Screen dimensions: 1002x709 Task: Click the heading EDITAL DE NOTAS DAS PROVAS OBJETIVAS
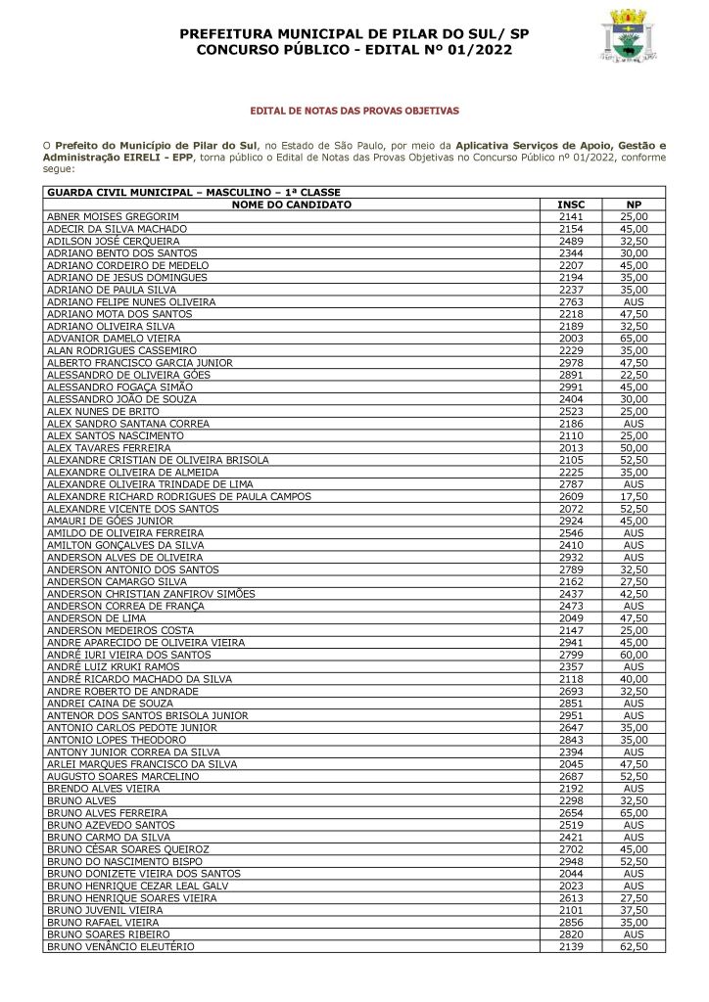pyautogui.click(x=354, y=112)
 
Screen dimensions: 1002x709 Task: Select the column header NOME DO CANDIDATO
pyautogui.click(x=292, y=205)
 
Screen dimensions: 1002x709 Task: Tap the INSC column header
pyautogui.click(x=571, y=205)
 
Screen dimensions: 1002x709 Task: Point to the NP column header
pyautogui.click(x=634, y=205)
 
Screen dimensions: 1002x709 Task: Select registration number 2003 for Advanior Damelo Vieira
pyautogui.click(x=571, y=338)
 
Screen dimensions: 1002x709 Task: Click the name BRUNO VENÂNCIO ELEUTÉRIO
pyautogui.click(x=120, y=947)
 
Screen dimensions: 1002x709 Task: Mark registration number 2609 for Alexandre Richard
pyautogui.click(x=571, y=496)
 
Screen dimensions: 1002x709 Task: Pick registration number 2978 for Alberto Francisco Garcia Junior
pyautogui.click(x=571, y=362)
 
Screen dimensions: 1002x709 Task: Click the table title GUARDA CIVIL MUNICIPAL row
pyautogui.click(x=194, y=192)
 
